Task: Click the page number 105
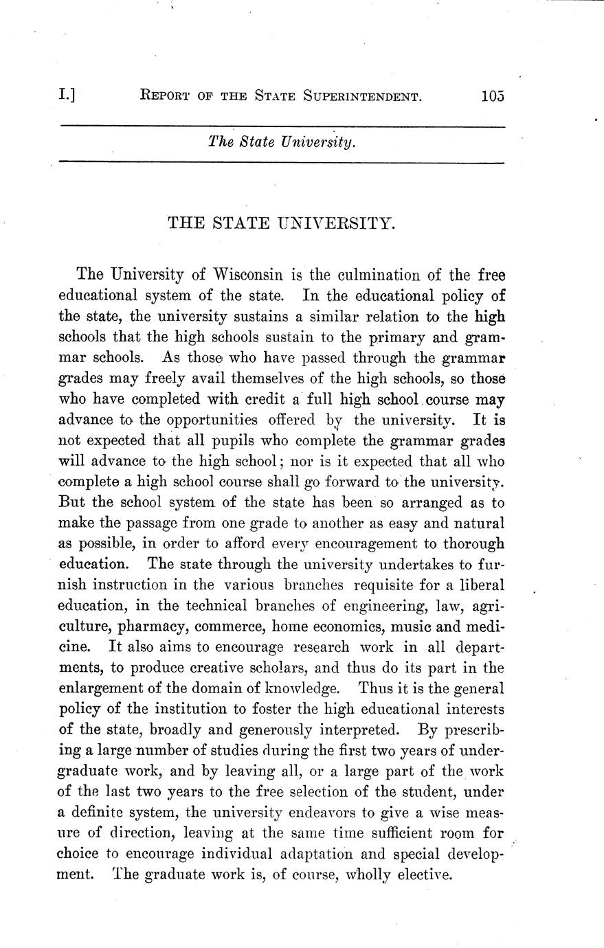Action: (493, 96)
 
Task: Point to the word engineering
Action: (382, 606)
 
